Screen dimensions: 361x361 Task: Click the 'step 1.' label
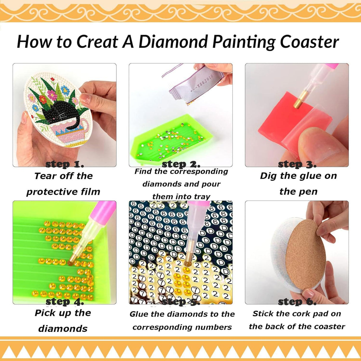pos(65,164)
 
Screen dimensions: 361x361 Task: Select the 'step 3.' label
pos(297,164)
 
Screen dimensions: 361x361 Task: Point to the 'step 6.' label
pos(297,302)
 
